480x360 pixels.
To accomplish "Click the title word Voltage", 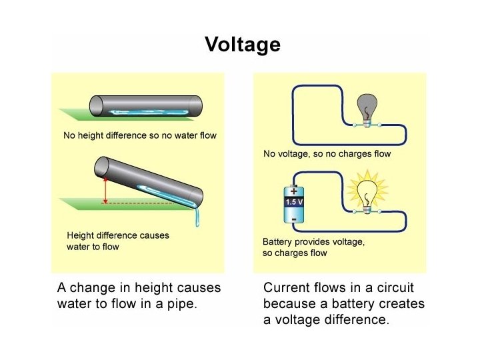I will coord(243,45).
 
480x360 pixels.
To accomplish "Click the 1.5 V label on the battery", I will coord(294,201).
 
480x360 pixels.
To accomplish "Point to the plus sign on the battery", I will coord(293,190).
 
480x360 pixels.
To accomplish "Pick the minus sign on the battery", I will coord(293,217).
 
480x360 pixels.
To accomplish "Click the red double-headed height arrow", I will coord(104,190).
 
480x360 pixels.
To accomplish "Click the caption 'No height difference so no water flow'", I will coord(140,136).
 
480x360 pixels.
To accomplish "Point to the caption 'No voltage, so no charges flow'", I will coord(327,154).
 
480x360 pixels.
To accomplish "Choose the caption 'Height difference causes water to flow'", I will coord(118,241).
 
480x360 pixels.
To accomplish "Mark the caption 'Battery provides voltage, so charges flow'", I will coord(313,247).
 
